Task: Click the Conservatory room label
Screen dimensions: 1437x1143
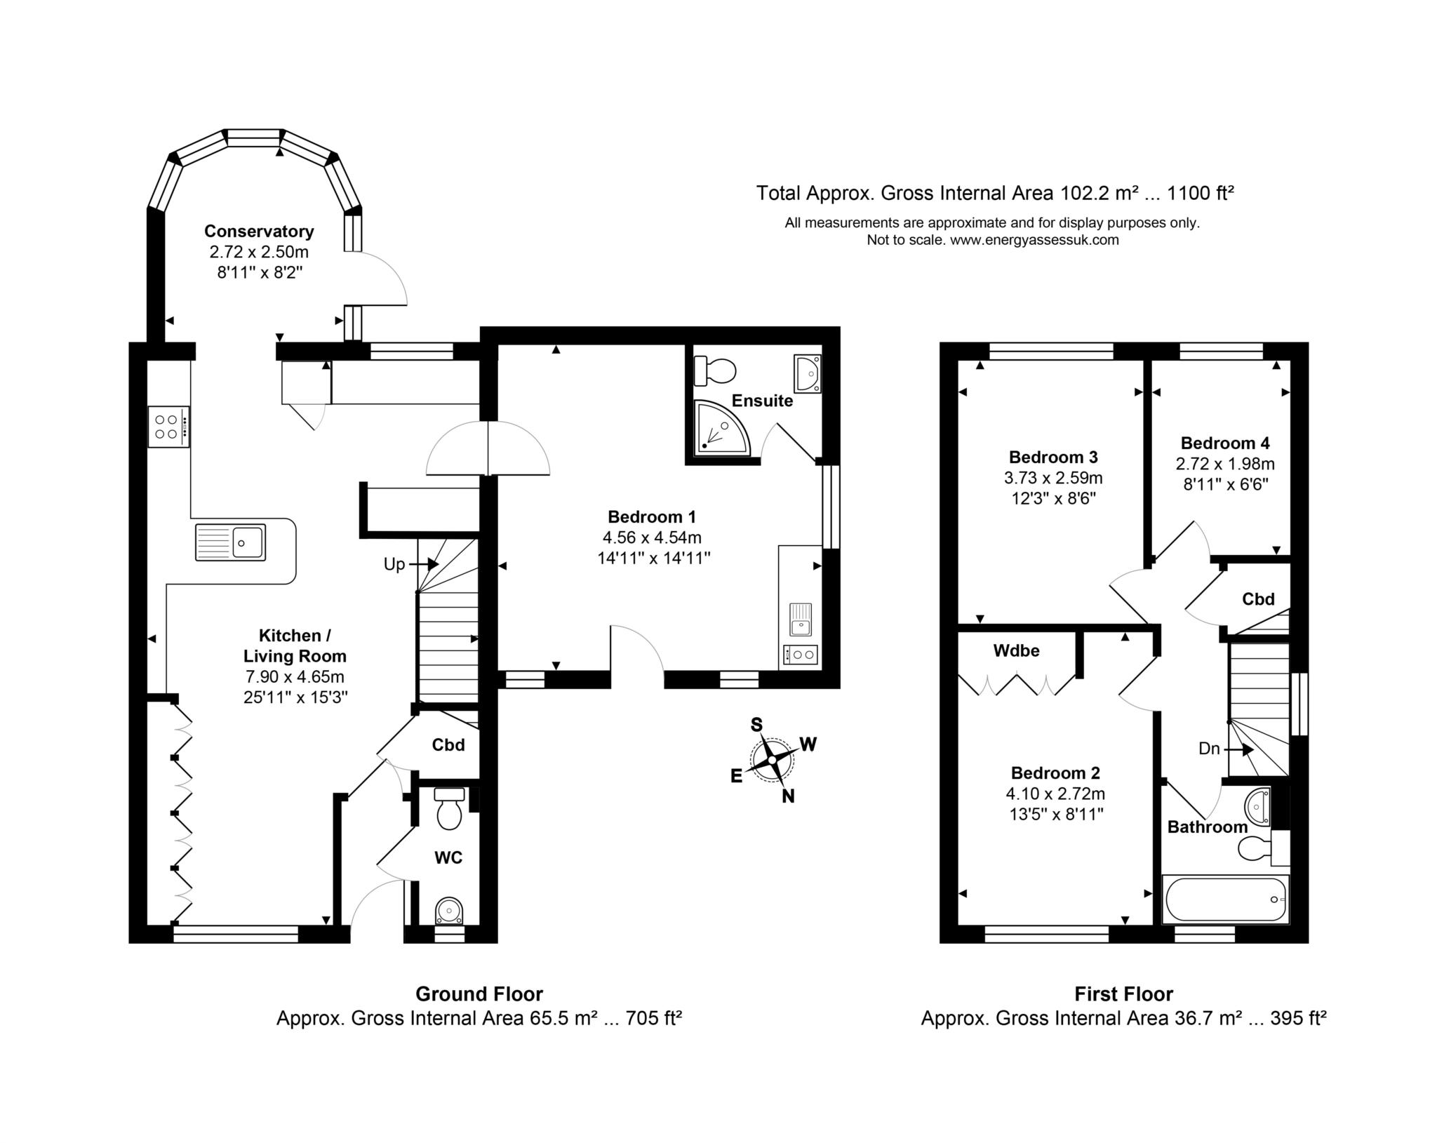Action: click(x=259, y=231)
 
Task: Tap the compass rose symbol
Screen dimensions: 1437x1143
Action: click(x=772, y=759)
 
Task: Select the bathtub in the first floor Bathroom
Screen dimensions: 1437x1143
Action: click(x=1225, y=899)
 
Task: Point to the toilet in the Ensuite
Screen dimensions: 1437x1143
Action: click(x=714, y=370)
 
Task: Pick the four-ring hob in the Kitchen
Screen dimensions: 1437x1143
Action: click(x=168, y=426)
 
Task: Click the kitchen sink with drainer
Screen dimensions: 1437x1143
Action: click(x=230, y=542)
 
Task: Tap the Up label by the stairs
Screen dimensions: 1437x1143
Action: click(x=394, y=563)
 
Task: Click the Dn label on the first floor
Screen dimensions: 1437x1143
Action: click(x=1209, y=749)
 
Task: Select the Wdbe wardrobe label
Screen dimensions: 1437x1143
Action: click(x=1016, y=650)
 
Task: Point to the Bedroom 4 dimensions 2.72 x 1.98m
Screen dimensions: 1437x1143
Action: click(x=1225, y=464)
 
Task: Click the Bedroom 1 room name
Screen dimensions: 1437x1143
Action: click(x=652, y=517)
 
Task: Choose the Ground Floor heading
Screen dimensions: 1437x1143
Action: click(x=479, y=994)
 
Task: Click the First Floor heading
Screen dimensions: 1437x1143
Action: click(x=1123, y=994)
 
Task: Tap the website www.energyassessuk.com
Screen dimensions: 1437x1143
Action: click(x=1034, y=240)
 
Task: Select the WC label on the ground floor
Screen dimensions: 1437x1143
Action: click(x=448, y=857)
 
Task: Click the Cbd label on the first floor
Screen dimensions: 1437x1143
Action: click(x=1258, y=599)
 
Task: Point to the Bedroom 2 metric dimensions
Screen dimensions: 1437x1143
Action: click(x=1055, y=794)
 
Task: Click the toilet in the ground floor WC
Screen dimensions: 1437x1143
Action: click(x=449, y=808)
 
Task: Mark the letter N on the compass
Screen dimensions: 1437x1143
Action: click(x=788, y=796)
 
